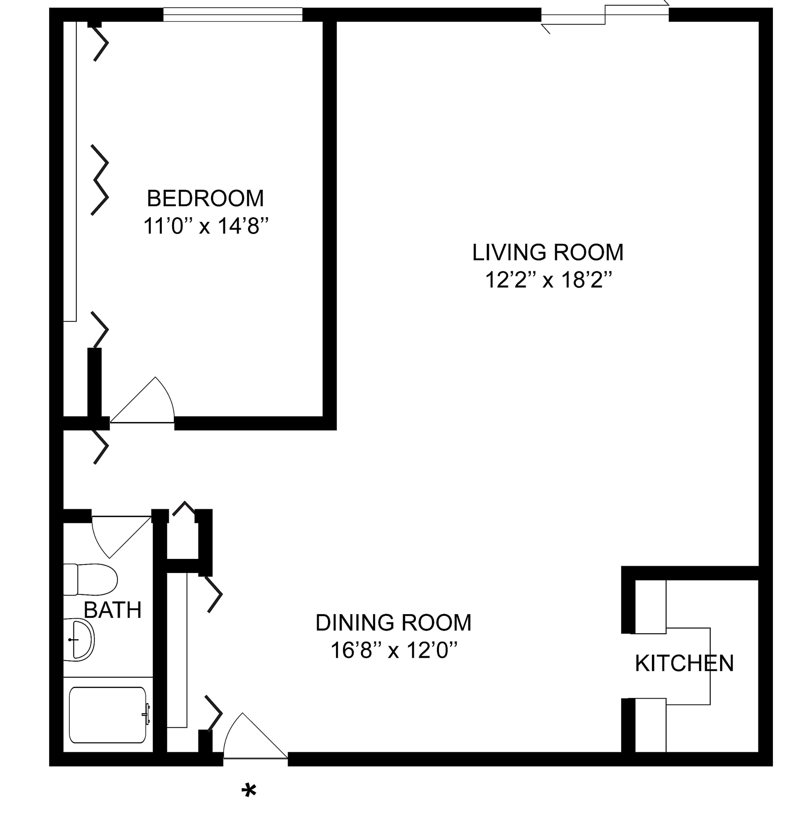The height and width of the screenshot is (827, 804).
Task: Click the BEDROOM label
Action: pos(205,199)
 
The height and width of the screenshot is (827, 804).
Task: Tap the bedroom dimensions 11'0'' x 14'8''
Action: pos(206,226)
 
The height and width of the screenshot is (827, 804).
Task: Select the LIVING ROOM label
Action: pos(548,253)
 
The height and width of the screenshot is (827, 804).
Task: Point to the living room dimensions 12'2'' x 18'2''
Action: pos(549,280)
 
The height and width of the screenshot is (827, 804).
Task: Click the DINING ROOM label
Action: pos(393,623)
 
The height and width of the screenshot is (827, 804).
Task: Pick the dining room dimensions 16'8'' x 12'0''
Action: pos(394,651)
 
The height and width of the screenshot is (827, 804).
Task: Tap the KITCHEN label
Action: pos(684,663)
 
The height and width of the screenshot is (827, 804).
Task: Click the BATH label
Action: pos(112,610)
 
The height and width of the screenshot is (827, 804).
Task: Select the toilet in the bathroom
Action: pos(90,579)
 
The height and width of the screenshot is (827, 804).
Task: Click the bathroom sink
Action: pos(79,640)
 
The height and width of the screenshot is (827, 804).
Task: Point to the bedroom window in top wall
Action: pos(233,15)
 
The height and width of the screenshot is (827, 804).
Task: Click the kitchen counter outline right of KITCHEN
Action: pos(710,666)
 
